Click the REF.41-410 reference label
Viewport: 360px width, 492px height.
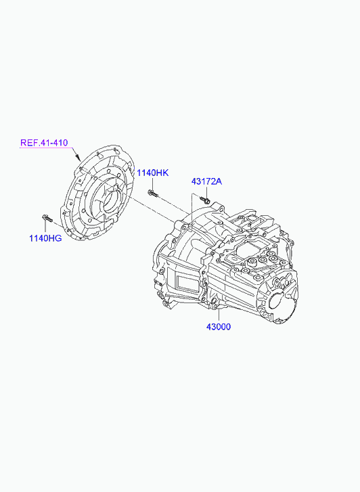[44, 143]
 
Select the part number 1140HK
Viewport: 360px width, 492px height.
[153, 173]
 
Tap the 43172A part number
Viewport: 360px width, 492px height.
[206, 181]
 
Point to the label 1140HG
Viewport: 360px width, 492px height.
[45, 238]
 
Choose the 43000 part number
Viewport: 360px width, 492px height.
[219, 327]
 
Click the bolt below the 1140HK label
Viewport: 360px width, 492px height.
[152, 194]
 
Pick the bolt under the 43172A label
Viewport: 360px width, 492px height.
[204, 200]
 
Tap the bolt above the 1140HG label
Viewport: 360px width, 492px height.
[47, 218]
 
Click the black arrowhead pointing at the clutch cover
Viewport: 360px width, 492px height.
[78, 157]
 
